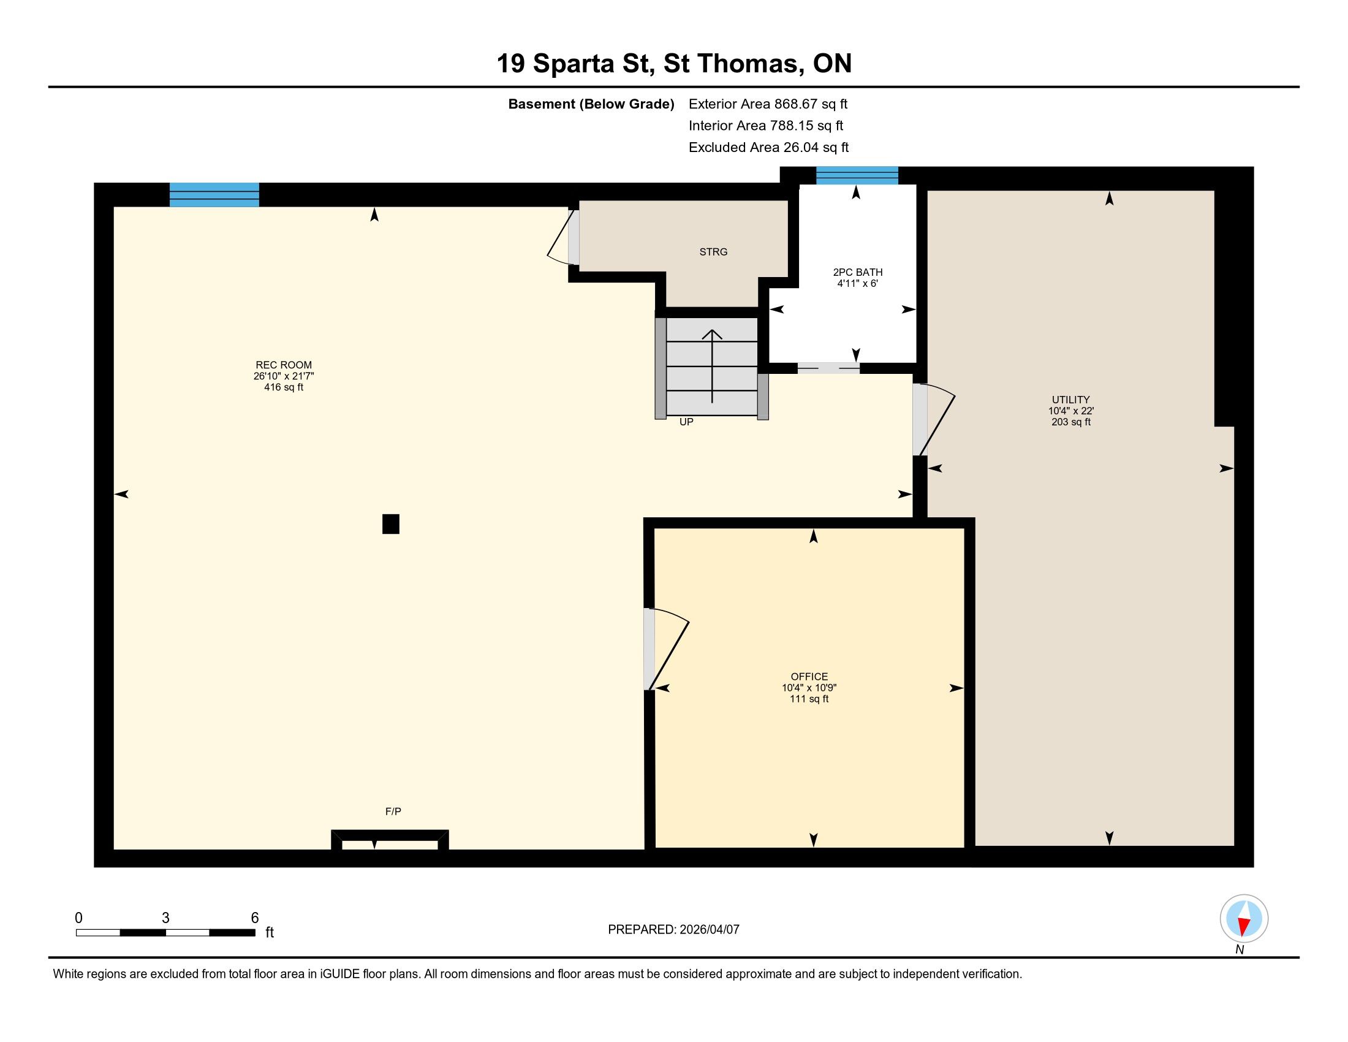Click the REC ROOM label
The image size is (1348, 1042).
(x=284, y=365)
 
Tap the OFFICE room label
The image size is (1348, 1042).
(x=809, y=677)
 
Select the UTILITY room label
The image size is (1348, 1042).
(x=1071, y=400)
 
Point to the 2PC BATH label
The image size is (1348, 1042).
(x=857, y=272)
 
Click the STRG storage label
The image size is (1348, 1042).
(x=713, y=252)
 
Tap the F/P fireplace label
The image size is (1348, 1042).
(x=393, y=811)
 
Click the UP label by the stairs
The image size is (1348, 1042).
(x=686, y=422)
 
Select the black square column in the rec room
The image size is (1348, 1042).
(x=391, y=524)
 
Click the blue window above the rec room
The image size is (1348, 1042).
(x=214, y=194)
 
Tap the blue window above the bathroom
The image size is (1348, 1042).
(x=857, y=175)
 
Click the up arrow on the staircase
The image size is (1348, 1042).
(x=712, y=366)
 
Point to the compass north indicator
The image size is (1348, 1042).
(x=1244, y=918)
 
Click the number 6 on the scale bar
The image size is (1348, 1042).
(x=255, y=918)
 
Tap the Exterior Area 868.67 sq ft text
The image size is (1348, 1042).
(x=768, y=104)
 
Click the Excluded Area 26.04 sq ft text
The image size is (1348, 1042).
(x=768, y=147)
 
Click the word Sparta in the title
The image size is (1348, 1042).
(x=574, y=64)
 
